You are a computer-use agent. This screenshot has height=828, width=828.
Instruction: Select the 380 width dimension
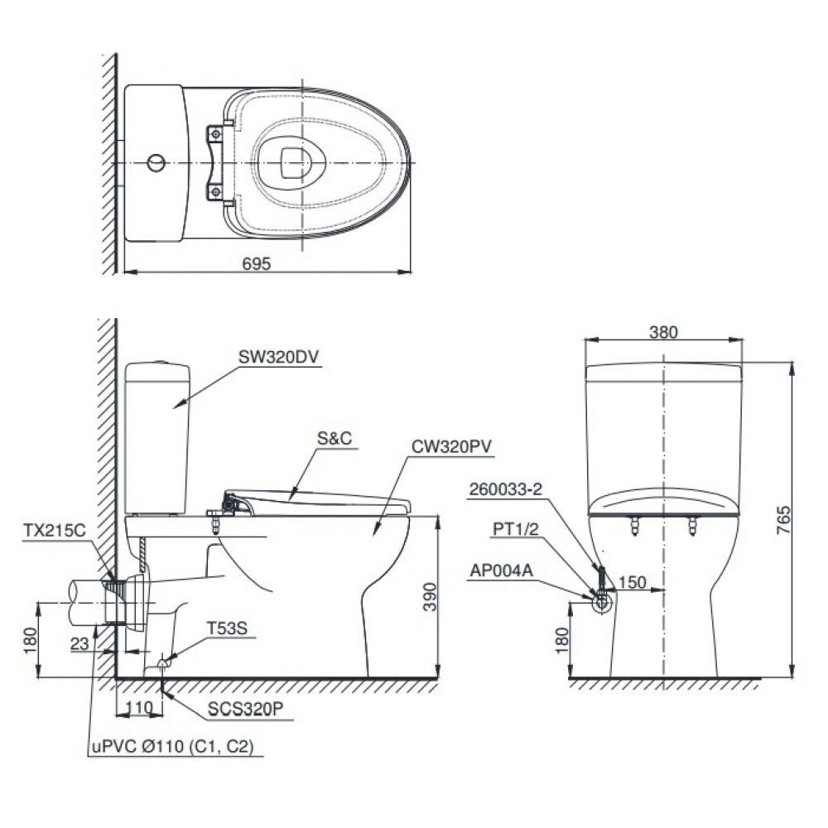click(664, 332)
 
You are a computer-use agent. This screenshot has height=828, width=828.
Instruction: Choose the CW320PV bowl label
click(452, 446)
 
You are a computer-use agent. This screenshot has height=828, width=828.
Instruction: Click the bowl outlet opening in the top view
click(291, 161)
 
